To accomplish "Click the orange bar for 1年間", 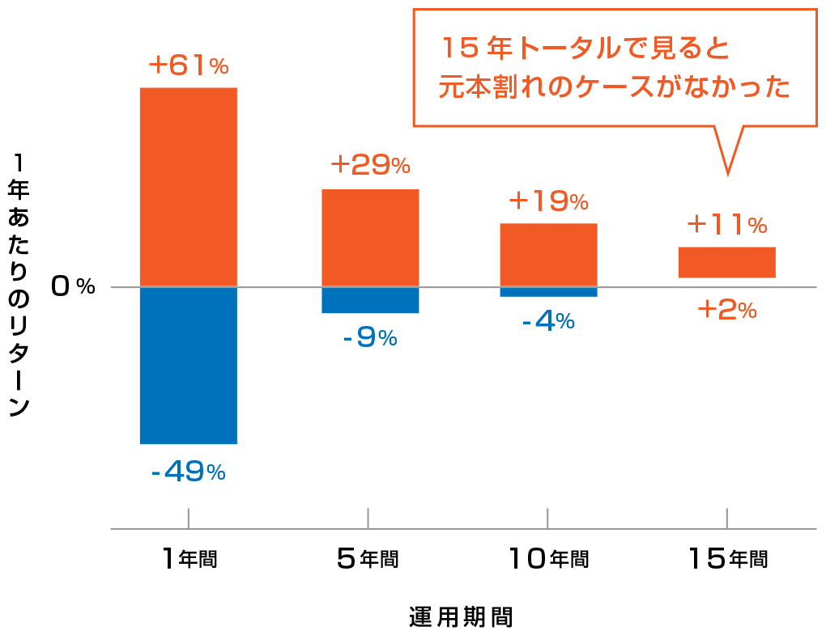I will tap(188, 187).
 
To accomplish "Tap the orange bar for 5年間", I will tap(370, 238).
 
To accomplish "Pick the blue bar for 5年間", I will tap(370, 300).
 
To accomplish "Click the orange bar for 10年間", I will tap(548, 255).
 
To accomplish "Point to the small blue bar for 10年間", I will tap(548, 292).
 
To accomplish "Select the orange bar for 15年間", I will tap(726, 262).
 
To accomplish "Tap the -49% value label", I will tap(188, 471).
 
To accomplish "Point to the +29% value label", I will tap(370, 165).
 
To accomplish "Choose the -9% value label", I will tap(370, 337).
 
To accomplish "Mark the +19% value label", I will tap(548, 201).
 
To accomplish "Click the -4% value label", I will tap(548, 321).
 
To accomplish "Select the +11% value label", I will tap(726, 223).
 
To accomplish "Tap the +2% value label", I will tap(726, 309).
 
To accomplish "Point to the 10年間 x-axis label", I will tap(548, 557).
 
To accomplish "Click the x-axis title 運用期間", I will tap(461, 617).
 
